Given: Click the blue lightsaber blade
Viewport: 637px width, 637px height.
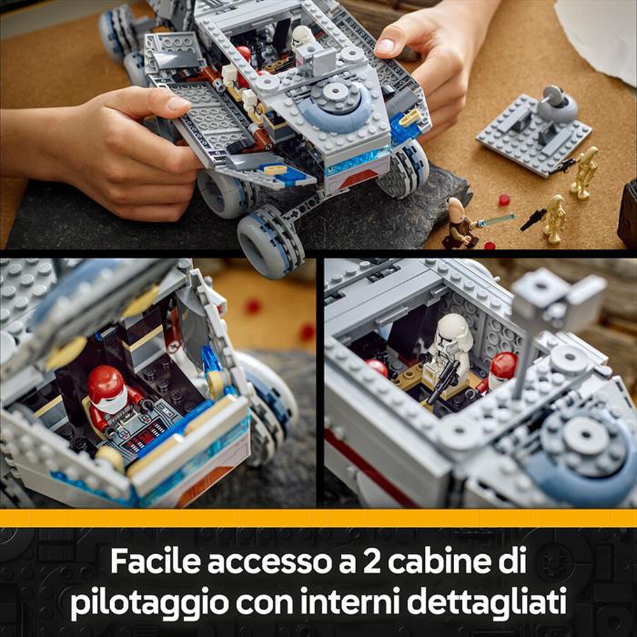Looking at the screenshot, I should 496,220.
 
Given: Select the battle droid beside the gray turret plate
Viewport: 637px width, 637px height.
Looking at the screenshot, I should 584,172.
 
